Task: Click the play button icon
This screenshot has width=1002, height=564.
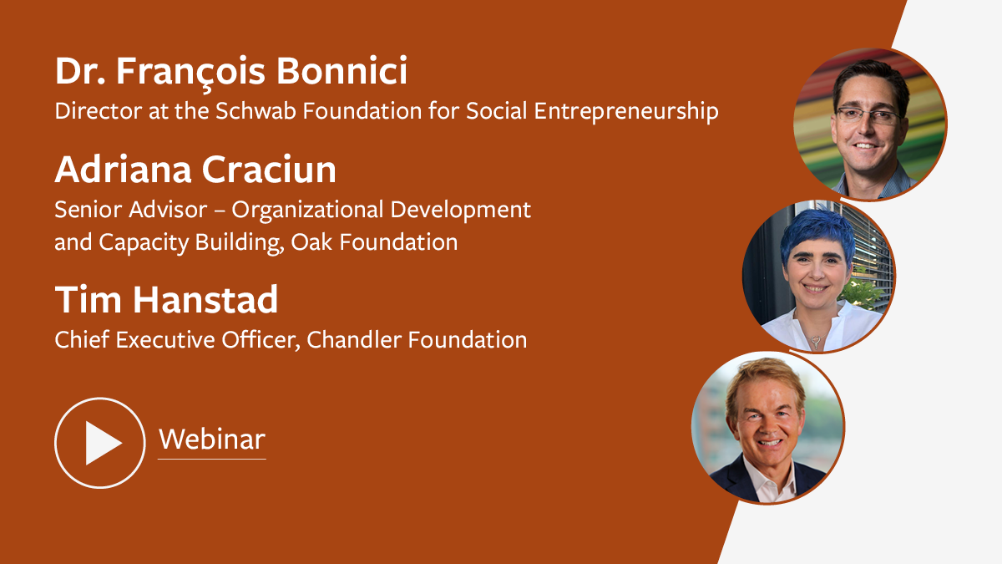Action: coord(99,443)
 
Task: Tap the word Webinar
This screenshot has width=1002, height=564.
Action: coord(212,440)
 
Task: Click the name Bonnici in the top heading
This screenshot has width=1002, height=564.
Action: coord(342,71)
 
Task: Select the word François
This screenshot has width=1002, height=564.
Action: coord(190,74)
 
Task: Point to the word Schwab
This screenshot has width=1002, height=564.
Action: coord(256,110)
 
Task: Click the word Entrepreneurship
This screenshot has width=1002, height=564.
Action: coord(626,112)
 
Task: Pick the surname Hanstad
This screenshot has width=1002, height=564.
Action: coord(205,299)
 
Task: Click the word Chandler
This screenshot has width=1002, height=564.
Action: coord(354,339)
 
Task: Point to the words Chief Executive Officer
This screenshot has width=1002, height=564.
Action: coord(177,340)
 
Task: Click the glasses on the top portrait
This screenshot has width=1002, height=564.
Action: coord(867,115)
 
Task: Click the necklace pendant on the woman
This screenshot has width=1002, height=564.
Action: coord(817,342)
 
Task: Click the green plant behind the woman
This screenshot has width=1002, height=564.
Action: coord(862,294)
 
